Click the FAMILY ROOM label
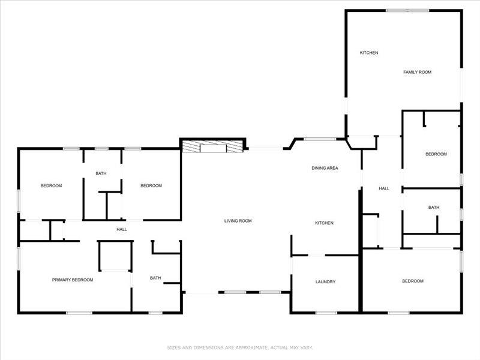(417, 72)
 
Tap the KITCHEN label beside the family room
(369, 53)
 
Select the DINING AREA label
(325, 168)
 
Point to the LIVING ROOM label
(238, 221)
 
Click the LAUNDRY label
(325, 282)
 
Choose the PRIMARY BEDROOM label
(73, 280)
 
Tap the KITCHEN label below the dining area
(325, 223)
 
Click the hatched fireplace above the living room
(213, 146)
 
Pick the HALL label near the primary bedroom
(122, 229)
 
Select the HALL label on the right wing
(384, 188)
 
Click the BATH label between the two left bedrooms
(101, 174)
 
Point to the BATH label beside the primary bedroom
(155, 278)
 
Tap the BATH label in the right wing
(434, 208)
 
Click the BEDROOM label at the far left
(51, 185)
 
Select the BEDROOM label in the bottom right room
(413, 281)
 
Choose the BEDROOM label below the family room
(436, 154)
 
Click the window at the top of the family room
(407, 10)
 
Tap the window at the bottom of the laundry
(326, 312)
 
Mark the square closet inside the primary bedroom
(115, 256)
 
